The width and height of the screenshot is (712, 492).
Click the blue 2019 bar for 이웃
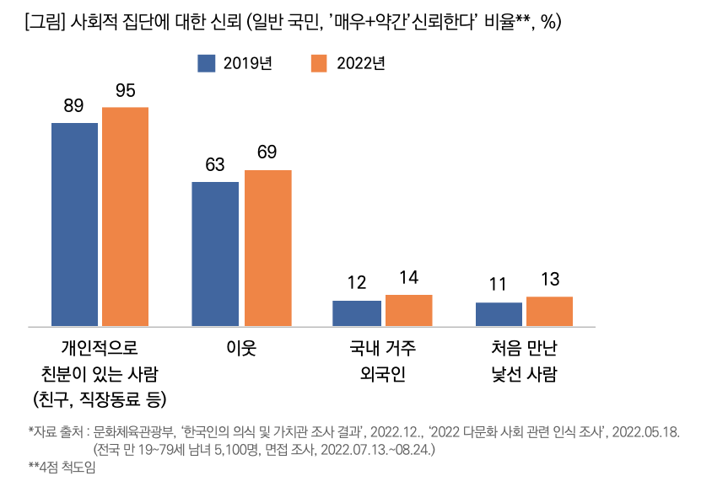215,254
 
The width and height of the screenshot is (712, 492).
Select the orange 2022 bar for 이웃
268,248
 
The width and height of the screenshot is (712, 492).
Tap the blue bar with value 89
74,224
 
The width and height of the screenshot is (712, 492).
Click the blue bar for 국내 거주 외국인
356,313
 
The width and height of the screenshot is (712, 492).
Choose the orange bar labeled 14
408,310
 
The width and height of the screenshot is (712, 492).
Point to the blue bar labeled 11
499,313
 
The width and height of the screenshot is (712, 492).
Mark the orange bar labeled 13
549,311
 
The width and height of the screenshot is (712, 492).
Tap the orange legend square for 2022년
318,63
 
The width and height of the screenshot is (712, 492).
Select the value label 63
215,164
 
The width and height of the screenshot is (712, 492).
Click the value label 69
267,152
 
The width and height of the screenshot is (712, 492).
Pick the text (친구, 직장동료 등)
100,397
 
